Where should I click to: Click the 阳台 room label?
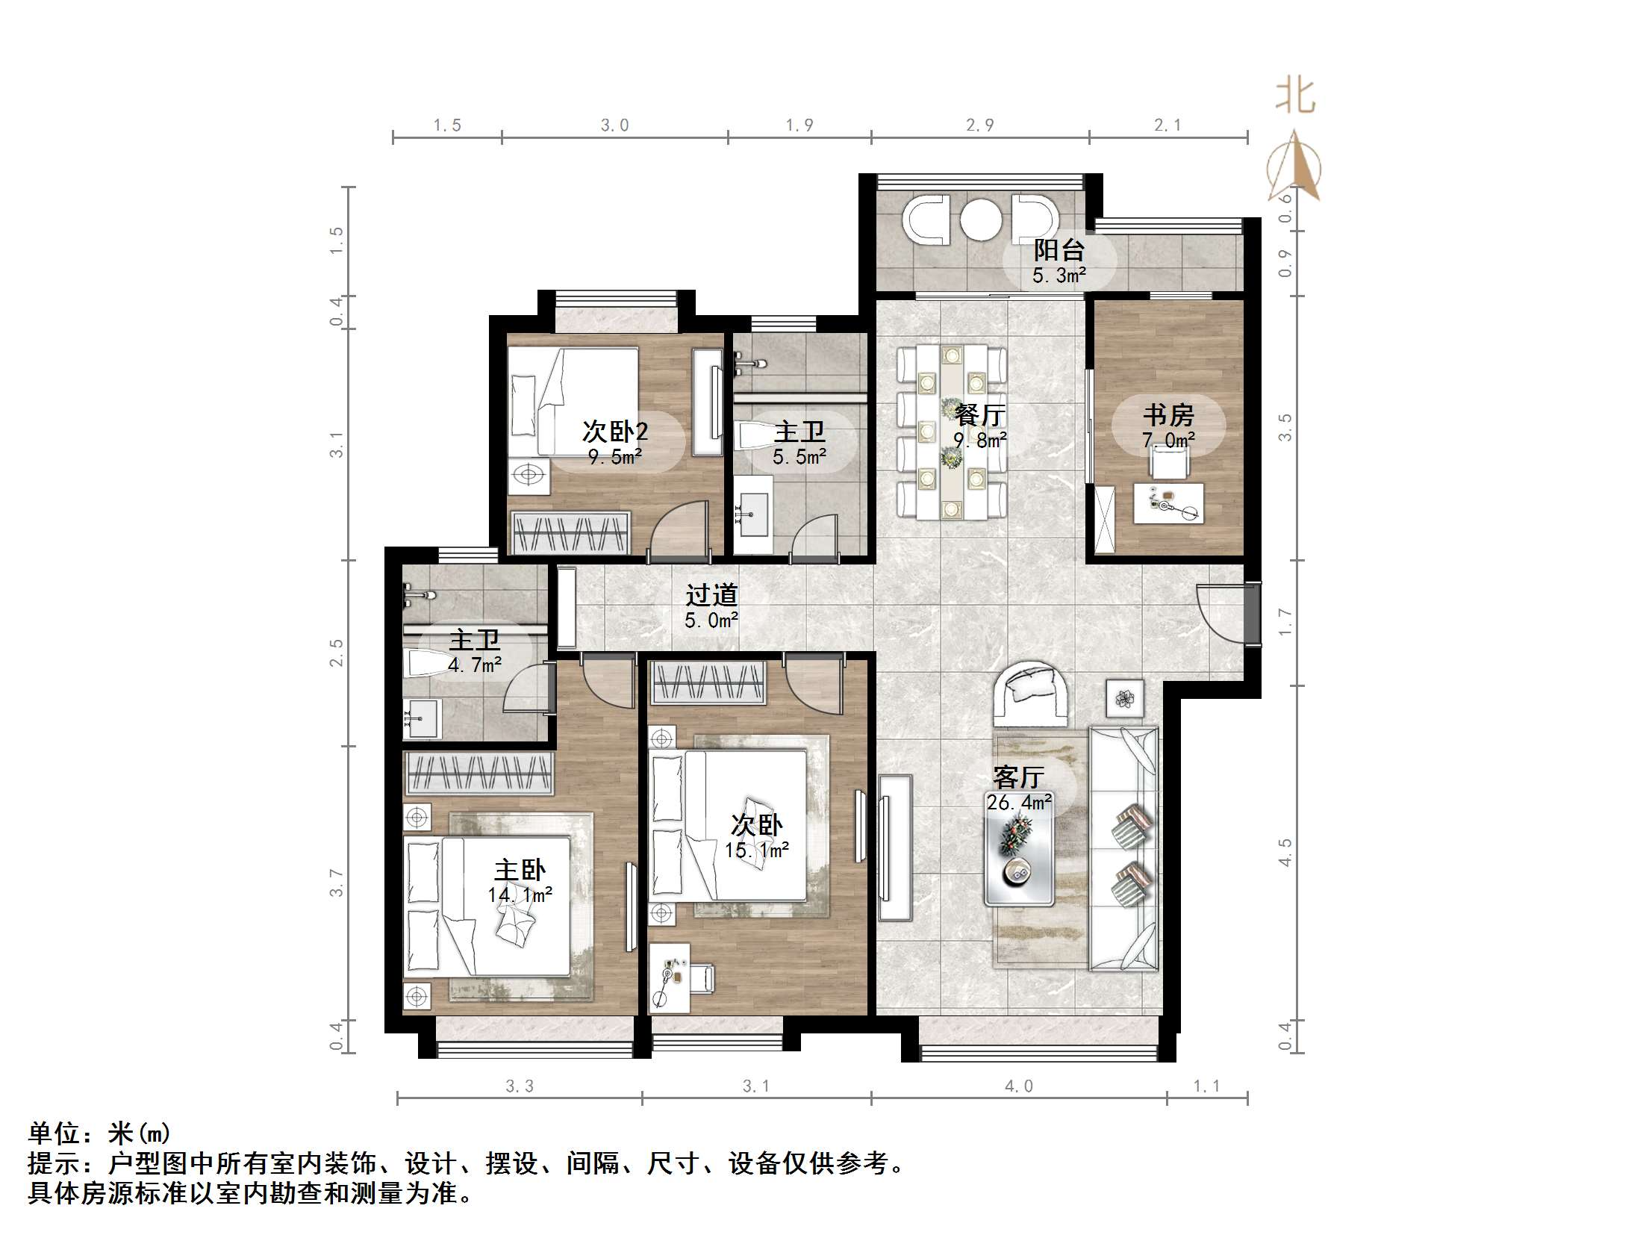point(1059,249)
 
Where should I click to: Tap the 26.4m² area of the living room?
point(1019,803)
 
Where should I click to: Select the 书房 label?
point(1168,414)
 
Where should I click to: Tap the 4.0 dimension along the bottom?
point(1018,1086)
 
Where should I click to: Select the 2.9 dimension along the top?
point(979,125)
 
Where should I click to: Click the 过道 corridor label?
point(711,595)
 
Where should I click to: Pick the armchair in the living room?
point(1032,694)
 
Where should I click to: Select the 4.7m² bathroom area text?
point(475,664)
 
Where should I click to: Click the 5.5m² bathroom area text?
point(799,457)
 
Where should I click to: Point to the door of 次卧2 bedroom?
point(679,530)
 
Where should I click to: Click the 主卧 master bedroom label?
point(520,870)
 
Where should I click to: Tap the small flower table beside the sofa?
point(1124,699)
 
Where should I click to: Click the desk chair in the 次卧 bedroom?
point(702,977)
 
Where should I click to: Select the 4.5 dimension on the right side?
point(1285,852)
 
